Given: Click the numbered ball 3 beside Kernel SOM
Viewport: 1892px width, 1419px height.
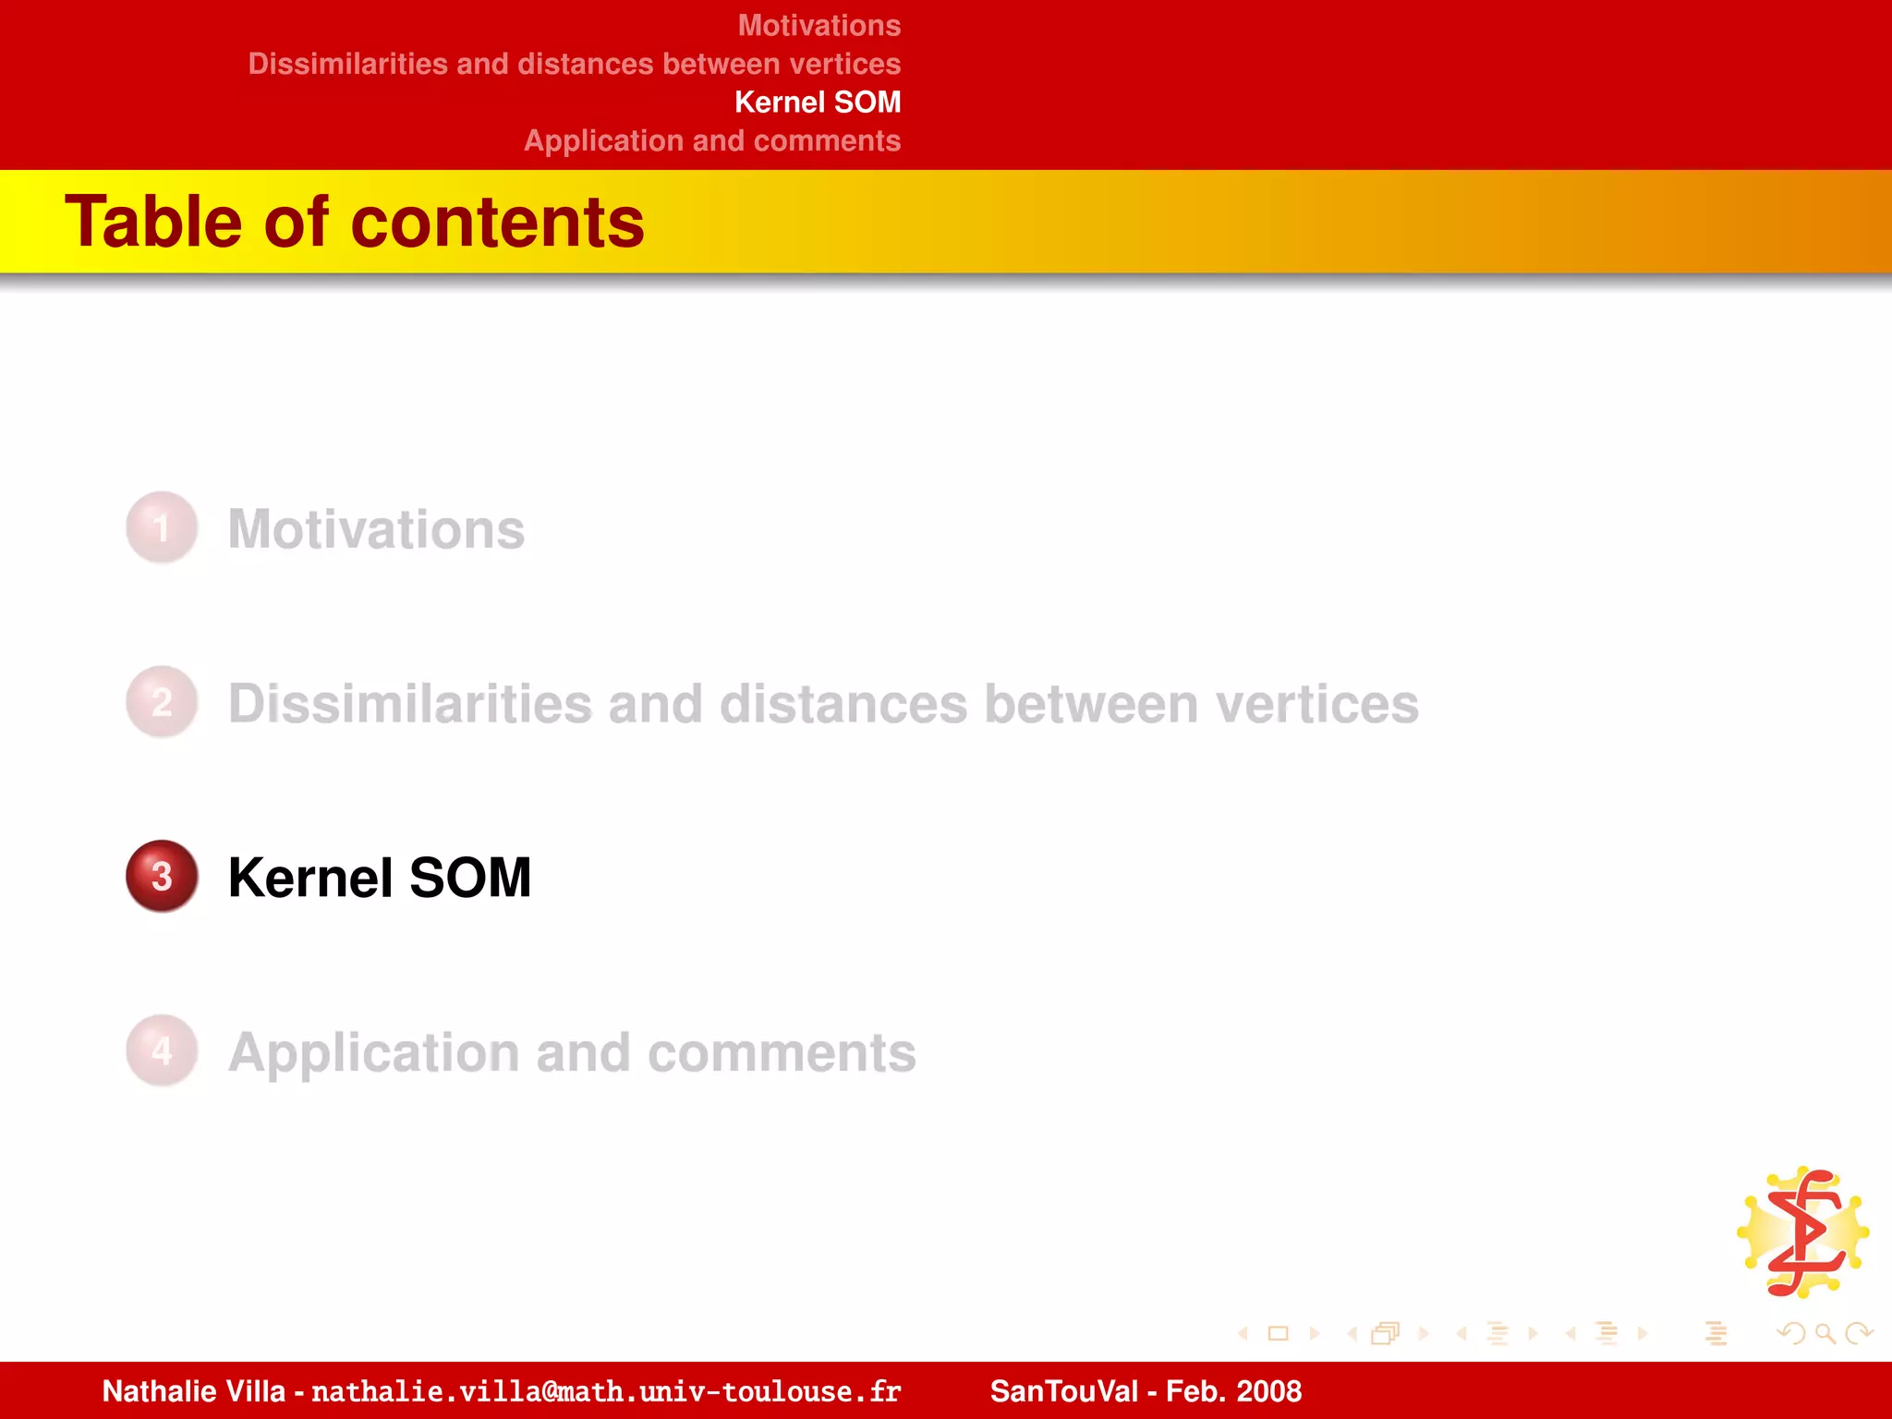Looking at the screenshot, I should tap(162, 876).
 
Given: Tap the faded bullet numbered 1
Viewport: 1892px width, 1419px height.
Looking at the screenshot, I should tap(162, 528).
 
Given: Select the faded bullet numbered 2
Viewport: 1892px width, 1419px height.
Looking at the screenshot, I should tap(162, 702).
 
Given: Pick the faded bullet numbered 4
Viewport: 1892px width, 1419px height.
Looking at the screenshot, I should tap(162, 1050).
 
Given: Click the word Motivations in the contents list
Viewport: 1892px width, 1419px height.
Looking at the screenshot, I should tap(376, 529).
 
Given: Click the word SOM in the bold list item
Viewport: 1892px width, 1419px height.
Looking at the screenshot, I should tap(470, 878).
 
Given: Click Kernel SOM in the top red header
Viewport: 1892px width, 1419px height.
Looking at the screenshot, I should tap(818, 102).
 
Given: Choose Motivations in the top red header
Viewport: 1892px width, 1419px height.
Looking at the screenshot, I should tap(819, 25).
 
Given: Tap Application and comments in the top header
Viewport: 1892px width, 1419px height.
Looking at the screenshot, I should tap(712, 140).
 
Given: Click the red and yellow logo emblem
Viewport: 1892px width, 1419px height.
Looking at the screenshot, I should tap(1804, 1232).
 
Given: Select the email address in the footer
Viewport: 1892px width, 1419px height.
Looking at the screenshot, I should tap(606, 1391).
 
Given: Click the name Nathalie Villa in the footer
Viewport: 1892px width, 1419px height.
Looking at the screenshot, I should tap(193, 1391).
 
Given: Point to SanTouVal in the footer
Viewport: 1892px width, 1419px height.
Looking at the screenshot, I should tap(1063, 1391).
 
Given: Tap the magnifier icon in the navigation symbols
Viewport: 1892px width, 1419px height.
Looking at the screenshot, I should tap(1825, 1333).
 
